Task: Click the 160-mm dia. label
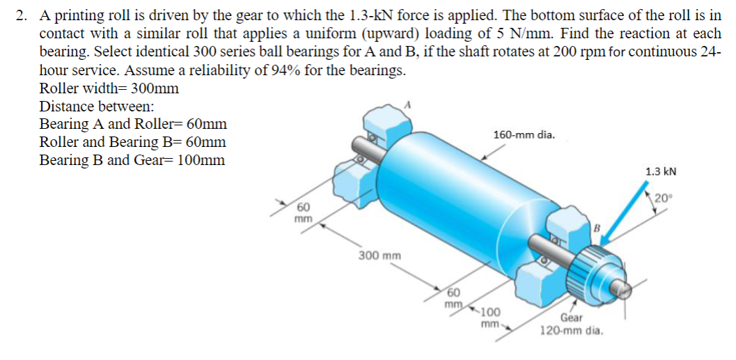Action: point(524,134)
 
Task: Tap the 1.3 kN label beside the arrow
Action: point(661,171)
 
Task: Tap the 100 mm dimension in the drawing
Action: point(490,318)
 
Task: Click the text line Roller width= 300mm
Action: point(109,88)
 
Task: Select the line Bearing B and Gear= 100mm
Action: point(132,160)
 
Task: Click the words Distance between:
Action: point(97,107)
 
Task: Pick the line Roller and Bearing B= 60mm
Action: point(132,142)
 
